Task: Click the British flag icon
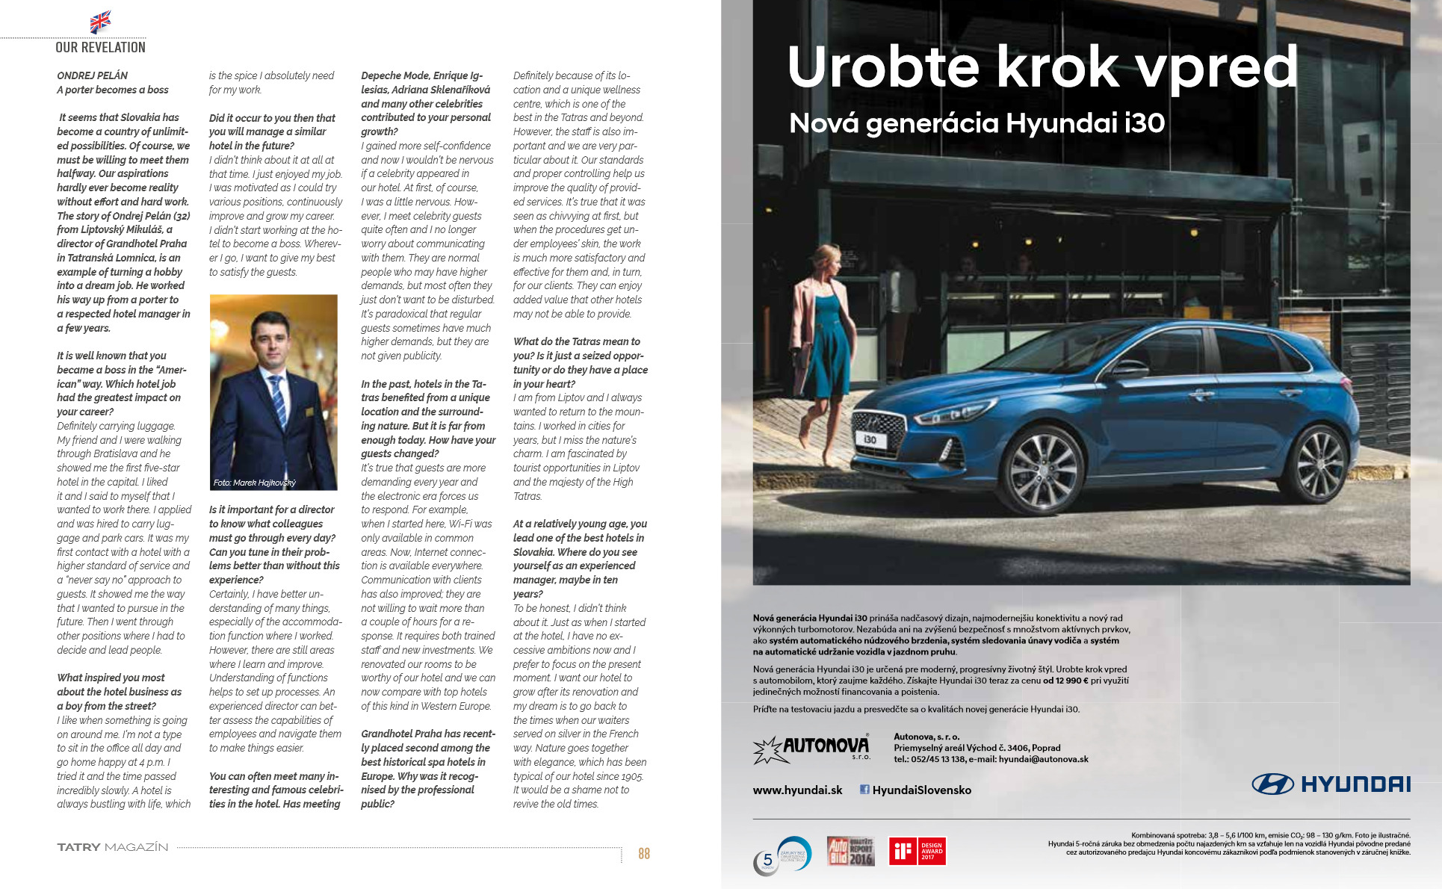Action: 100,22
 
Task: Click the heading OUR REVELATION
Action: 100,47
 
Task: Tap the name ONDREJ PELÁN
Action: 92,75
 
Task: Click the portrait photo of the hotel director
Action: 273,391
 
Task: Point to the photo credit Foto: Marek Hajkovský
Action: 254,483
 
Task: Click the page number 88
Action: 643,853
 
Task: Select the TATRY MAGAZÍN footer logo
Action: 113,847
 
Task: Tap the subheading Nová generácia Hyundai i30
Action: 977,123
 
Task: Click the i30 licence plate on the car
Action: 870,440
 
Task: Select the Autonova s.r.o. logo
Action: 812,749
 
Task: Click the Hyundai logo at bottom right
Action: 1331,784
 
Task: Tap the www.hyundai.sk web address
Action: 797,790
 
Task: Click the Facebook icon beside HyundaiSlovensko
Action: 864,790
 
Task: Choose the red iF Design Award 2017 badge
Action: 917,851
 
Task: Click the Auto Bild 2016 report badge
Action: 850,851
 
